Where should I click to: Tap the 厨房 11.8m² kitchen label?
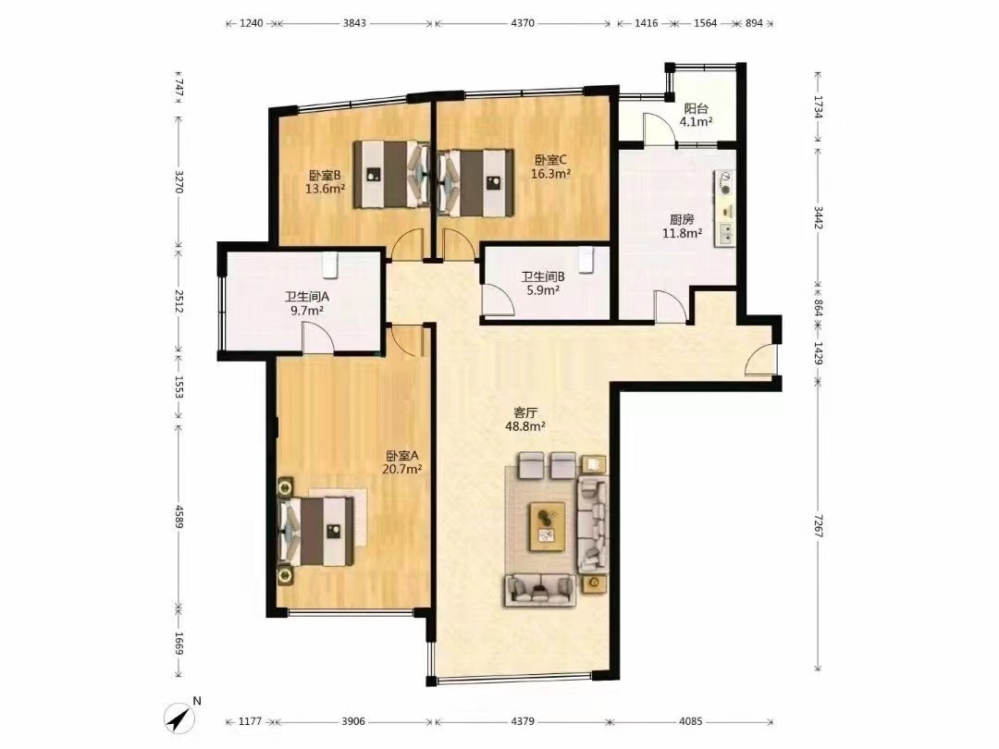tap(682, 227)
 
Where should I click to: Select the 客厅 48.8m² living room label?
tap(525, 420)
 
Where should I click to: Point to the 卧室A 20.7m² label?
tap(402, 462)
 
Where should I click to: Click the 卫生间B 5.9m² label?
tap(543, 284)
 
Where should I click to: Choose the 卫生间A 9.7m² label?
tap(306, 304)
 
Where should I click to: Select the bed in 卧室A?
tap(317, 531)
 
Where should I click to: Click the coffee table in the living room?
tap(547, 526)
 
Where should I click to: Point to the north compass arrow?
tap(179, 718)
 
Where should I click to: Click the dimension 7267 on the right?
tap(818, 525)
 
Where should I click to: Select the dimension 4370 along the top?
tap(523, 23)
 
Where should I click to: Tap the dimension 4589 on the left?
tap(179, 517)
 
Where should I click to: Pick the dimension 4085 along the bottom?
tap(691, 721)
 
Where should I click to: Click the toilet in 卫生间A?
tap(328, 264)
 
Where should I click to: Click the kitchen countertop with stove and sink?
tap(725, 208)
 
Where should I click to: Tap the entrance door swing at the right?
tap(760, 361)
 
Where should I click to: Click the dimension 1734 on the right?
tap(818, 107)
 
